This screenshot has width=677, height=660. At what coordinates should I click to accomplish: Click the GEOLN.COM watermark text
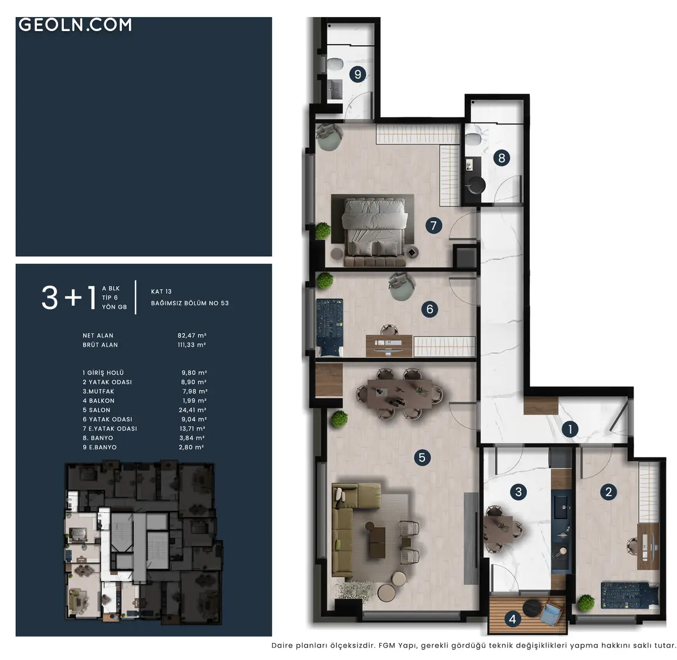[x=75, y=25]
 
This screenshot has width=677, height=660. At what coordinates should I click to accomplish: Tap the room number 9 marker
[x=358, y=75]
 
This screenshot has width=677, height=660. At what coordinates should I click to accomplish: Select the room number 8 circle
[x=501, y=158]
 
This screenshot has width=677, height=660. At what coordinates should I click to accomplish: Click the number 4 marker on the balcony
[x=512, y=619]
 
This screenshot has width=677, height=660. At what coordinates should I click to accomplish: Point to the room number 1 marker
[x=570, y=429]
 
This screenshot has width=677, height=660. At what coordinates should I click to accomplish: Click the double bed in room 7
[x=375, y=231]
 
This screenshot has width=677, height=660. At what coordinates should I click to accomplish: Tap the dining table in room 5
[x=399, y=394]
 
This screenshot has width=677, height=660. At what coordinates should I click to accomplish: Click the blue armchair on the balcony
[x=551, y=613]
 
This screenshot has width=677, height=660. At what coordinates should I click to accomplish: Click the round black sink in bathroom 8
[x=476, y=185]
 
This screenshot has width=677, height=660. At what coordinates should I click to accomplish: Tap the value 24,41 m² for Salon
[x=193, y=409]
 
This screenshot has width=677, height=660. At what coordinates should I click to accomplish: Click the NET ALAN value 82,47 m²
[x=192, y=336]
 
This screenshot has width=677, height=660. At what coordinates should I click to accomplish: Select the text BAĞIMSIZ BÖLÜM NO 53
[x=190, y=303]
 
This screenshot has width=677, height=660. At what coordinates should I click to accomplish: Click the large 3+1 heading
[x=68, y=297]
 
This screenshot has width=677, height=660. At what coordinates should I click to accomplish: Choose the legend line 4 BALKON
[x=98, y=401]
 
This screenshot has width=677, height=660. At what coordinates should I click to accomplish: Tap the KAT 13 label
[x=161, y=292]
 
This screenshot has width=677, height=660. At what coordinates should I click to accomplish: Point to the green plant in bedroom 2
[x=586, y=602]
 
